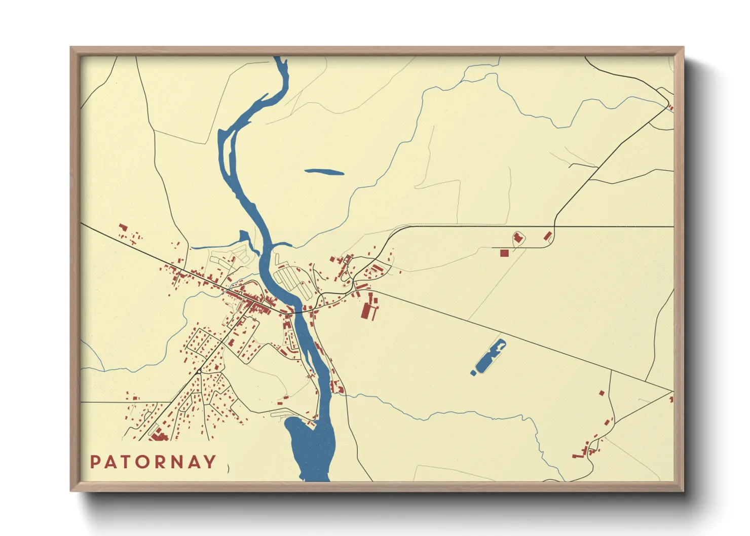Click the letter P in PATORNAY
click(95, 462)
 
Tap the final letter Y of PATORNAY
click(210, 462)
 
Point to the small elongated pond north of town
click(324, 172)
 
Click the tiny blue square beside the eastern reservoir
click(473, 373)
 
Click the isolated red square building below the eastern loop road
click(504, 253)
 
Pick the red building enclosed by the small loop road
click(518, 238)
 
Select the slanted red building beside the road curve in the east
click(547, 236)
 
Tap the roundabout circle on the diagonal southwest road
click(199, 372)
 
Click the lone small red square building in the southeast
click(602, 393)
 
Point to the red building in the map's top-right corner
click(671, 107)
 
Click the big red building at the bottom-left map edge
click(158, 435)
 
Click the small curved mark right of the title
click(229, 468)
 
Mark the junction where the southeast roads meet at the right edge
click(672, 391)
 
